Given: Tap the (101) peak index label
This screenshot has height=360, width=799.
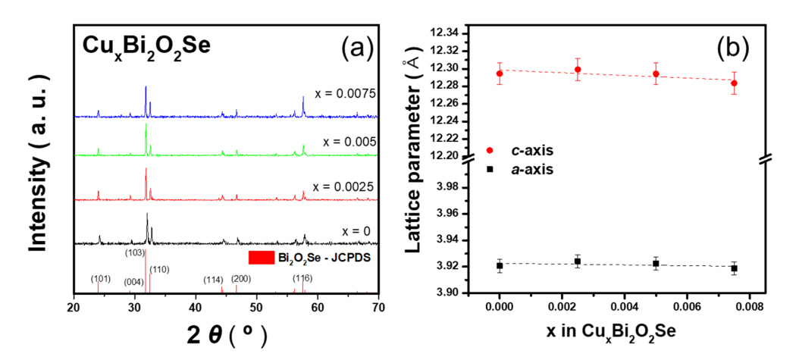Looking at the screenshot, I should click(x=100, y=278).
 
